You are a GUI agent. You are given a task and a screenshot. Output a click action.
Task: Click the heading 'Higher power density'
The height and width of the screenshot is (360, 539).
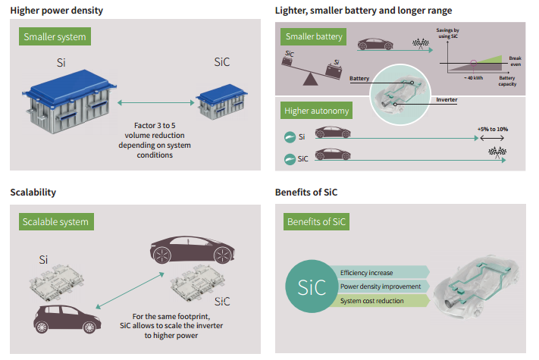pyautogui.click(x=57, y=11)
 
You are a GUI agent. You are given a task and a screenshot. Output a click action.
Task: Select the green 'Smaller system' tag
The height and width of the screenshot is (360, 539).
pyautogui.click(x=55, y=37)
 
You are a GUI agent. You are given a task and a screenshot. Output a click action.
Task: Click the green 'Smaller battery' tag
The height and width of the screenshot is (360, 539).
pyautogui.click(x=314, y=36)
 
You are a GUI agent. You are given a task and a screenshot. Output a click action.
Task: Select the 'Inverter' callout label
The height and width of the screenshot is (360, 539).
pyautogui.click(x=446, y=99)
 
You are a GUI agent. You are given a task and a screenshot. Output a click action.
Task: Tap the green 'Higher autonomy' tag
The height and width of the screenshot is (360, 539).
pyautogui.click(x=317, y=111)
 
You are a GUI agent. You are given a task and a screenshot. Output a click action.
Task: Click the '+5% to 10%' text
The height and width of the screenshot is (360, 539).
pyautogui.click(x=493, y=129)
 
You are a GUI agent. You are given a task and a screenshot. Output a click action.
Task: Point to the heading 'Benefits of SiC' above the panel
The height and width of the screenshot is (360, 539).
pyautogui.click(x=306, y=193)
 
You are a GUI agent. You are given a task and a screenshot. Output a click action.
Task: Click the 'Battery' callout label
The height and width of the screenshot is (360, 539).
pyautogui.click(x=359, y=78)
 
